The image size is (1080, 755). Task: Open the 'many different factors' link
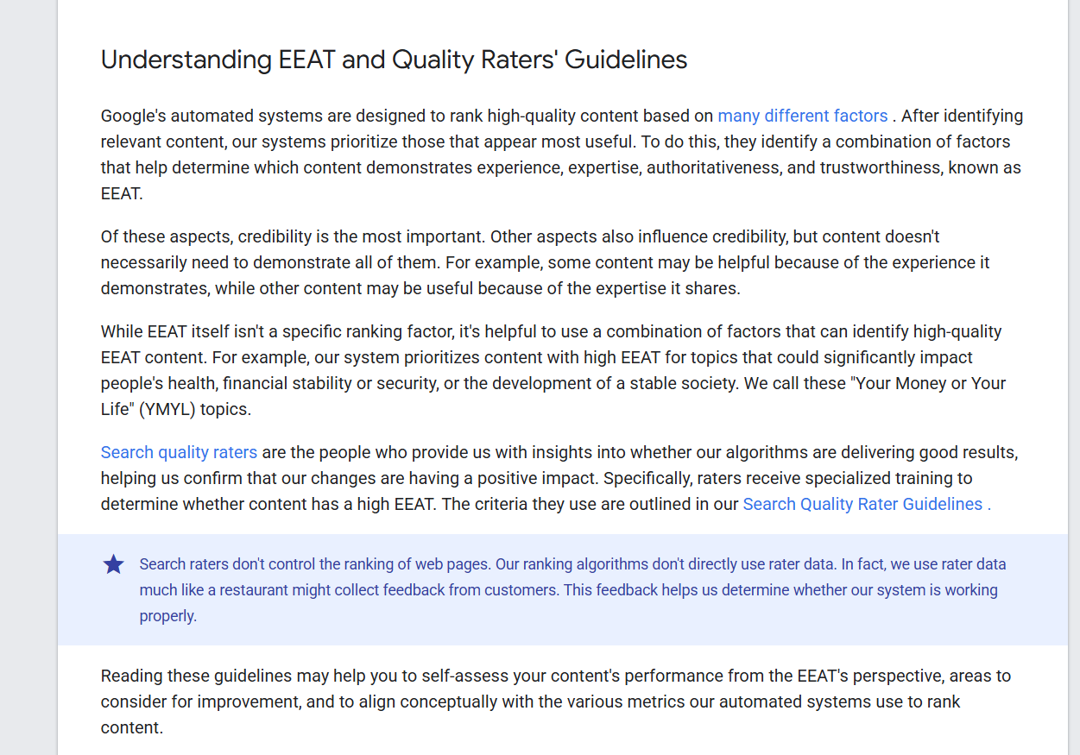pyautogui.click(x=802, y=116)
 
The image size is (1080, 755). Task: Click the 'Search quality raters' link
pyautogui.click(x=179, y=452)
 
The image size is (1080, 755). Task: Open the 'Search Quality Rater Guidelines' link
pyautogui.click(x=862, y=504)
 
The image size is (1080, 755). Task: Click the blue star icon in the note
pyautogui.click(x=114, y=565)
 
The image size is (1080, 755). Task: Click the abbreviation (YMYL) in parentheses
pyautogui.click(x=163, y=409)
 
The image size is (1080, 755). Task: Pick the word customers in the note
pyautogui.click(x=516, y=590)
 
